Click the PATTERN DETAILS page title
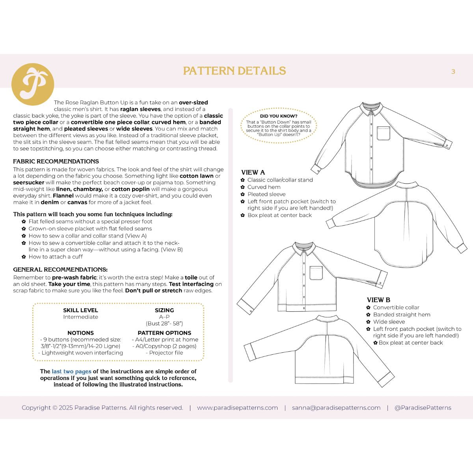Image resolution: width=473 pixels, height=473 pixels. [235, 71]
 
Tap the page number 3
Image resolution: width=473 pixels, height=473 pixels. [453, 71]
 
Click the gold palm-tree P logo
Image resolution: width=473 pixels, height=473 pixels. [32, 84]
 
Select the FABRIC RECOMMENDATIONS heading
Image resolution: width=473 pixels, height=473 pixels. [56, 161]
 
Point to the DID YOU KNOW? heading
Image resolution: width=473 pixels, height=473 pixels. [279, 116]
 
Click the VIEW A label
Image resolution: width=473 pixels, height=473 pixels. [253, 172]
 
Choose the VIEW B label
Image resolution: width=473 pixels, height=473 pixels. [378, 300]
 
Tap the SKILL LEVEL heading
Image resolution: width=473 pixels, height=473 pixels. [80, 310]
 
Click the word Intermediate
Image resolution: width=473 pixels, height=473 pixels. [80, 317]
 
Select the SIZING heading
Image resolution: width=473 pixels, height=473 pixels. [164, 310]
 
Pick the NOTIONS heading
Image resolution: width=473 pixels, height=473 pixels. [80, 333]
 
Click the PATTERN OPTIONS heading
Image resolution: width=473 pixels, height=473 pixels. [164, 333]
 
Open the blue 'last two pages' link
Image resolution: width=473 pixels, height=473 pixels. [71, 371]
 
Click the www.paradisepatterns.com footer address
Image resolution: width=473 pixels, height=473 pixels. [237, 408]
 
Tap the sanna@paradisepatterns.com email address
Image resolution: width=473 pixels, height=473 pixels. [336, 408]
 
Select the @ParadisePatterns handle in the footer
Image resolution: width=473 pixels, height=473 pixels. [423, 408]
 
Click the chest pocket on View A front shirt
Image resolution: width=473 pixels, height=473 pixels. [384, 133]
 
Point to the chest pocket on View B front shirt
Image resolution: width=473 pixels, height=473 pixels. [316, 273]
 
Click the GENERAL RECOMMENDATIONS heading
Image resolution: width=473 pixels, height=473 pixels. [60, 270]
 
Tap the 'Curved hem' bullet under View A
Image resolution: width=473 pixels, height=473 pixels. [264, 187]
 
